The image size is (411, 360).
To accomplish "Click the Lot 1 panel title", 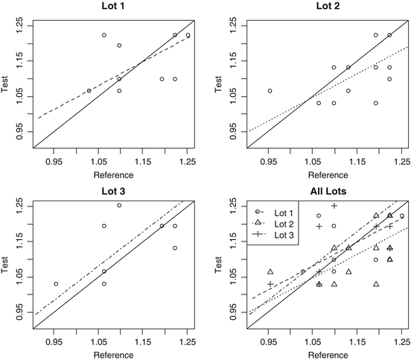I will click(x=112, y=7).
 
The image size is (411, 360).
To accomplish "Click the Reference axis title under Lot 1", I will click(x=112, y=174).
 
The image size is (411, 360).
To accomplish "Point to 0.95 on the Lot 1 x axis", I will click(x=54, y=161).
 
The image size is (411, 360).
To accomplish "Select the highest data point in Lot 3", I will click(x=119, y=205).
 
